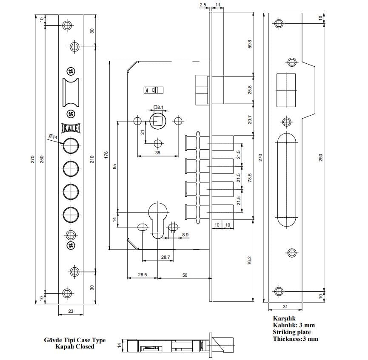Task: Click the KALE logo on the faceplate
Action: pos(71,128)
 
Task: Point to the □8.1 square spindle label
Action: pos(157,108)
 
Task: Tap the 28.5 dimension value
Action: pos(143,275)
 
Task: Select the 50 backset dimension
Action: pos(185,275)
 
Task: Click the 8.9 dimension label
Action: pos(185,235)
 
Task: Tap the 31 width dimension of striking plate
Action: pos(285,307)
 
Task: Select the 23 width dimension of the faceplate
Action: pos(71,311)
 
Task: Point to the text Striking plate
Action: pos(291,332)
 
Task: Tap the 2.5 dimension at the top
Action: pos(203,4)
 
